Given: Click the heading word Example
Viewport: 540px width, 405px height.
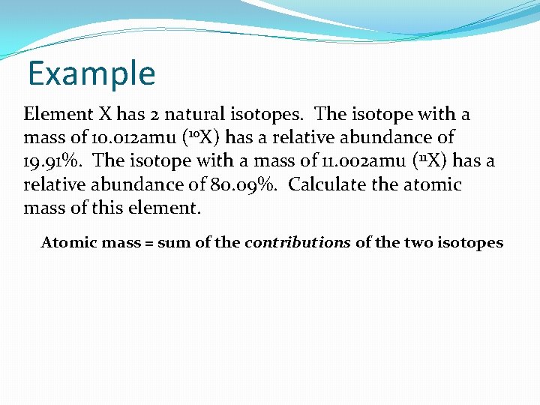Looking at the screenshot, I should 91,73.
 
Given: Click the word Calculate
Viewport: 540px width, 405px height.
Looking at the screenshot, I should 325,184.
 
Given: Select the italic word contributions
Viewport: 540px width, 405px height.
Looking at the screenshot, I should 298,242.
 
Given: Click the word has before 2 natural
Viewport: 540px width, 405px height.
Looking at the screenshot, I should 128,115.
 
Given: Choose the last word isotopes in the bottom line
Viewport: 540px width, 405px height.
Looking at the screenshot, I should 470,242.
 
